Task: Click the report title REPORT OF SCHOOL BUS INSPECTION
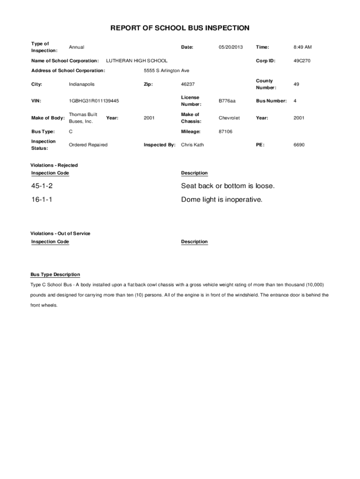pos(180,28)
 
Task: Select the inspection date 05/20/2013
pos(230,47)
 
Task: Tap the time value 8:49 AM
pos(302,47)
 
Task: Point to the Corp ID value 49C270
pos(302,61)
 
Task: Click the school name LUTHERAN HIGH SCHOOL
pos(137,61)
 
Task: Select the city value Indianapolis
pos(81,84)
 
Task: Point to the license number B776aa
pos(227,101)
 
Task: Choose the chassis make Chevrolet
pos(229,118)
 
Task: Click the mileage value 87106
pos(225,131)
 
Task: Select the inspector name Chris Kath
pos(192,145)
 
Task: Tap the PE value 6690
pos(299,145)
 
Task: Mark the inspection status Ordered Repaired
pos(88,145)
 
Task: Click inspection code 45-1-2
pos(42,186)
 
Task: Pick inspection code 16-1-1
pos(42,200)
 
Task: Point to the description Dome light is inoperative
pos(222,200)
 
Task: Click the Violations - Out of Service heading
pos(60,233)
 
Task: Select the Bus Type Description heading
pos(55,275)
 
